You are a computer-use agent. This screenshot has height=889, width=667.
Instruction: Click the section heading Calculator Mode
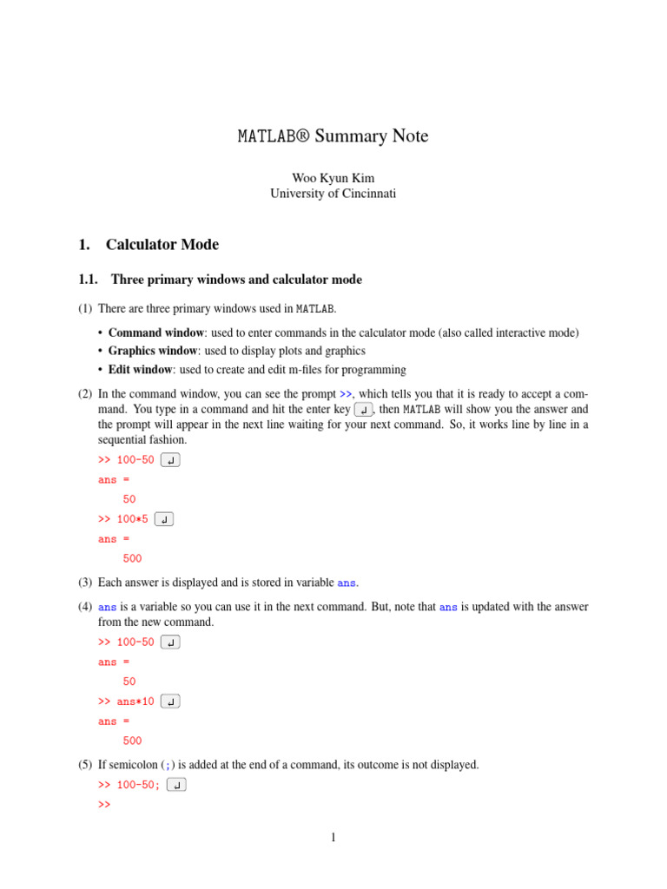162,245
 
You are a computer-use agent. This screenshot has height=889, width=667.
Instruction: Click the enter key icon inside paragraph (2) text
364,410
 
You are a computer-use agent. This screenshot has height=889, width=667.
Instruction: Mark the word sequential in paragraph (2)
126,439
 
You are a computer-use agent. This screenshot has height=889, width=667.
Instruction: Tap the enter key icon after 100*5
163,520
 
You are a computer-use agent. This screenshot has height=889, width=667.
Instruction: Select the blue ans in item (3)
346,582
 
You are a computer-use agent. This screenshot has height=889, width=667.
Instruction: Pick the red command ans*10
135,701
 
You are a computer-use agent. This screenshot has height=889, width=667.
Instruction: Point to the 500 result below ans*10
132,741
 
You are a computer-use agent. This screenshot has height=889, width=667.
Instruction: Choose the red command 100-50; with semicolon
138,785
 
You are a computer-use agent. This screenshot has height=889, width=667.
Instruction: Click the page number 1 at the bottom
333,838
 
